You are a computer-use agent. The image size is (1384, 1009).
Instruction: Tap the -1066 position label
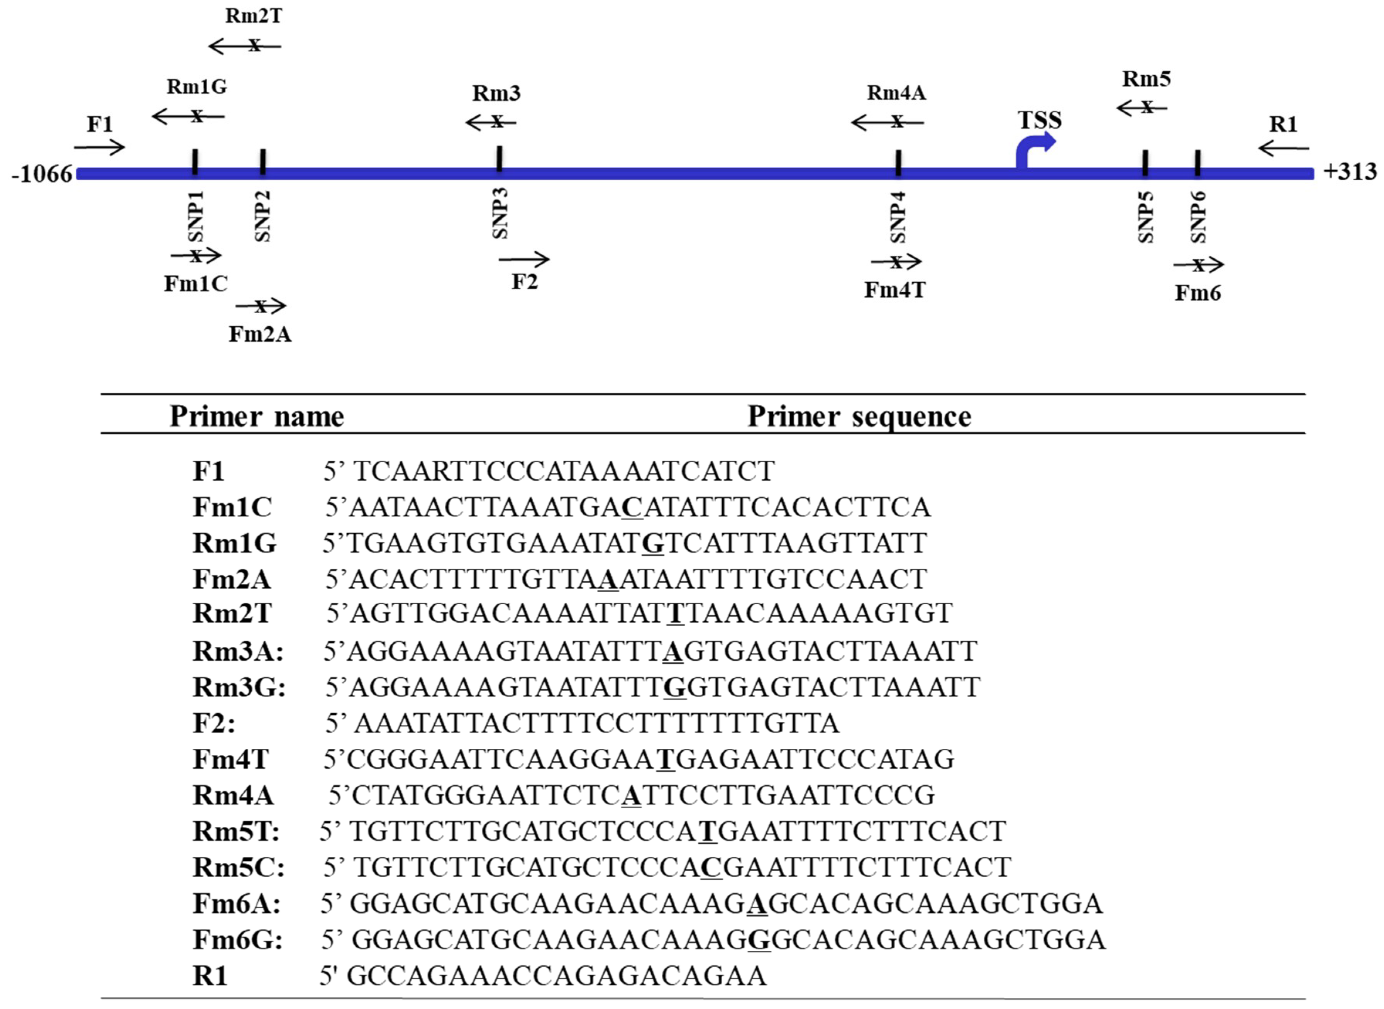click(x=42, y=174)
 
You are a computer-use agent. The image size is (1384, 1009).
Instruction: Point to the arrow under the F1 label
click(x=100, y=147)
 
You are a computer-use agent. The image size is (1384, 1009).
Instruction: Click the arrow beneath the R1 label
click(x=1283, y=148)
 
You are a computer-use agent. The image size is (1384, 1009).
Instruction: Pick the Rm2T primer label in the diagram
click(x=254, y=16)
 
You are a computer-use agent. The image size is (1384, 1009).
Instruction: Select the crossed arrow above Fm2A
click(x=261, y=305)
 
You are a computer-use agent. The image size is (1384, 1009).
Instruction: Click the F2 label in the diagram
click(x=524, y=282)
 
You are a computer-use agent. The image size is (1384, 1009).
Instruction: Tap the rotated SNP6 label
click(x=1198, y=217)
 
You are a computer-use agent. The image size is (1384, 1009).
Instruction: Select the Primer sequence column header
click(x=859, y=417)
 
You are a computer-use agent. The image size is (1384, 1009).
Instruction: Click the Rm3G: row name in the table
click(x=239, y=687)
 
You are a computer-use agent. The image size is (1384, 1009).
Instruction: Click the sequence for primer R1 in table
click(x=556, y=975)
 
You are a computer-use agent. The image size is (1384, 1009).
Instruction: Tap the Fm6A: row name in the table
click(x=236, y=903)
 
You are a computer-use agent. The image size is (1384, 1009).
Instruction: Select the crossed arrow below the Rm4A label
click(x=888, y=122)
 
